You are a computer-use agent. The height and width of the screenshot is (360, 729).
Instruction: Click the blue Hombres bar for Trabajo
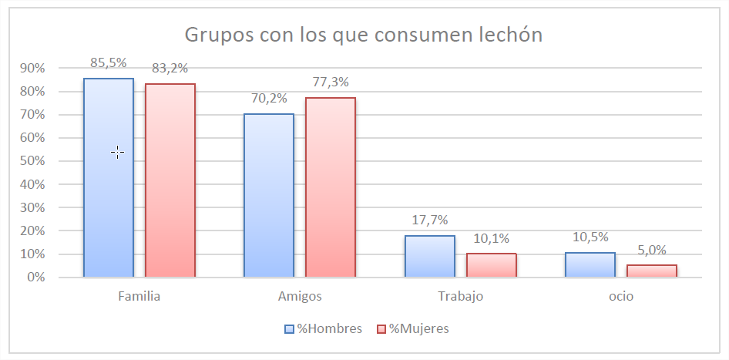click(x=429, y=256)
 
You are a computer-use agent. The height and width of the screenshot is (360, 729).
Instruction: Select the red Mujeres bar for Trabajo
click(x=491, y=264)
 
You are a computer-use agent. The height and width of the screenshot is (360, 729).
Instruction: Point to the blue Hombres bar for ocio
click(x=590, y=264)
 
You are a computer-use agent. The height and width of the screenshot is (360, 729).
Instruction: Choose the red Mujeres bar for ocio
click(x=651, y=271)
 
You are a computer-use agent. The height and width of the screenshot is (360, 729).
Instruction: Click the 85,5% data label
click(x=109, y=62)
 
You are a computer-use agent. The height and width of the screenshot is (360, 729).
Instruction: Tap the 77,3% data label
click(x=331, y=82)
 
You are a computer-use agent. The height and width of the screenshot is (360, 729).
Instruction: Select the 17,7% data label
click(x=429, y=220)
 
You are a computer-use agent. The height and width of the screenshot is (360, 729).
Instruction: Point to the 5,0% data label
click(x=651, y=249)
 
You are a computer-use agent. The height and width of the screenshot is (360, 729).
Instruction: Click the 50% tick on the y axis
click(x=33, y=161)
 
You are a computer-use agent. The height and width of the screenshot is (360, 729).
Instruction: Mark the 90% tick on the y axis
click(x=33, y=69)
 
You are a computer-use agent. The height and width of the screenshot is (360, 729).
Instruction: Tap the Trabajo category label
click(x=460, y=296)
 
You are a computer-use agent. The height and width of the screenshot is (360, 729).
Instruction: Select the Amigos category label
click(x=300, y=296)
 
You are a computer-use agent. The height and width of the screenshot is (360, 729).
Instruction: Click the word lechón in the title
click(x=503, y=35)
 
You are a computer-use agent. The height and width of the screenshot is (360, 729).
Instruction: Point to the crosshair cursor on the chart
click(x=117, y=153)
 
